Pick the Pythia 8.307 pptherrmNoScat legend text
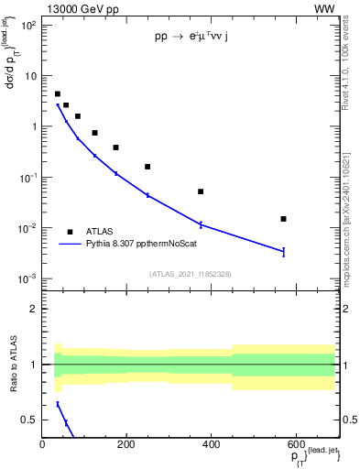[141, 245]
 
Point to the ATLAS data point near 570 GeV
[284, 219]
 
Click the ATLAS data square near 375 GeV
[201, 191]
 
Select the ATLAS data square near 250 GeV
[147, 167]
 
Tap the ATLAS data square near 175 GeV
[115, 147]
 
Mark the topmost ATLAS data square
[57, 93]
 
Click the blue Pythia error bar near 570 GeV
[284, 251]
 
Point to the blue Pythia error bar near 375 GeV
[201, 224]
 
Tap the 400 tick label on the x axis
[211, 446]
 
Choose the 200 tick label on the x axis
[126, 446]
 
